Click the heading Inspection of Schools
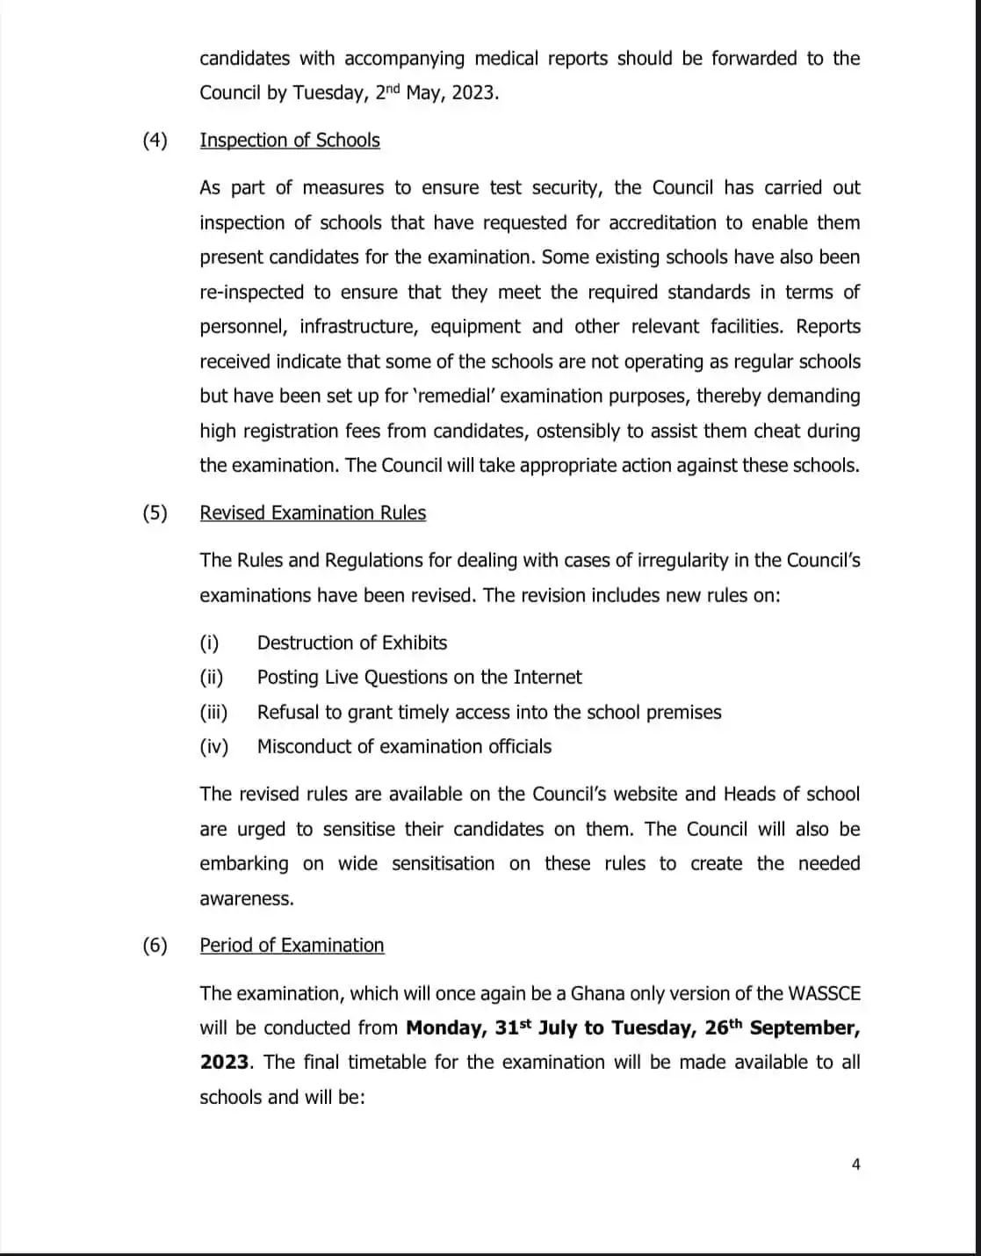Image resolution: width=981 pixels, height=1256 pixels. [290, 141]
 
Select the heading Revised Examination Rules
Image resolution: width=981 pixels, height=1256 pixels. [313, 513]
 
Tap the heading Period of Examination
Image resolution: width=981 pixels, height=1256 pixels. [292, 946]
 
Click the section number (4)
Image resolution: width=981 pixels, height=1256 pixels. [155, 141]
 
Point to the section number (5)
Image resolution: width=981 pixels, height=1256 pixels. [155, 513]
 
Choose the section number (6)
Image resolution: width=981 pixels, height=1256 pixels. [155, 946]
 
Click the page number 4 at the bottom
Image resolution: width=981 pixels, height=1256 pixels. [856, 1165]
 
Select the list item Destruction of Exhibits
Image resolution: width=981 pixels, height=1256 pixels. [352, 643]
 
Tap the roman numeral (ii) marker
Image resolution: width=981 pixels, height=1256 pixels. [212, 678]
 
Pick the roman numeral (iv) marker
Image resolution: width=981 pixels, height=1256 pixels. [213, 747]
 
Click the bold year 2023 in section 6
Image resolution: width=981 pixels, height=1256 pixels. [224, 1063]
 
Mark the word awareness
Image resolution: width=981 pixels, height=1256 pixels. [246, 899]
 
